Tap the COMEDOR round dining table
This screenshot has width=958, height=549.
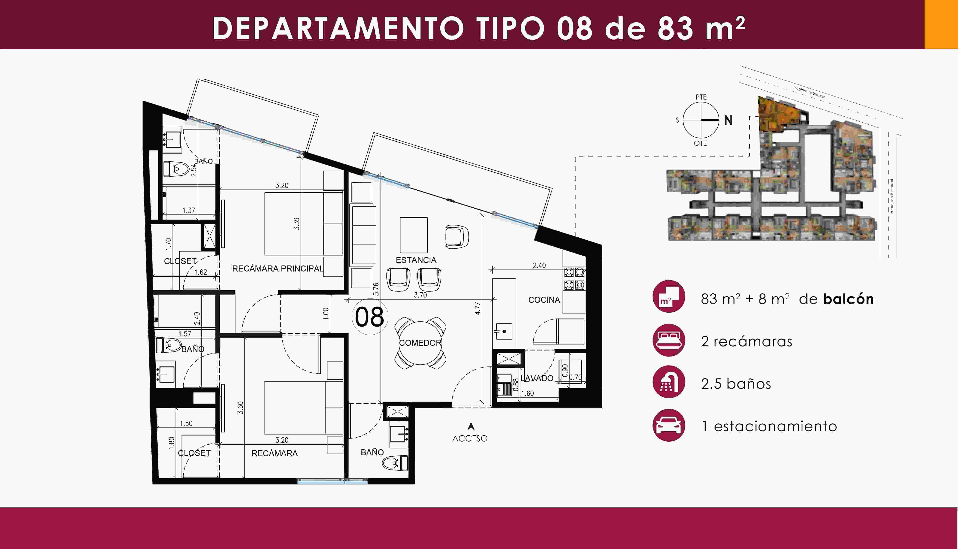click(x=420, y=343)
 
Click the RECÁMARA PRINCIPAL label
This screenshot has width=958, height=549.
click(x=278, y=268)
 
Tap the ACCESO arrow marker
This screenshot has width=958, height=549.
click(x=470, y=426)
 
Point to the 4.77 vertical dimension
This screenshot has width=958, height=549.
click(x=477, y=308)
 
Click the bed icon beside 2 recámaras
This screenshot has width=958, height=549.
click(x=669, y=340)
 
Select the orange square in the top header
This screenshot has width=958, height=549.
click(x=941, y=24)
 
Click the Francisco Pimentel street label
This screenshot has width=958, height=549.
click(x=892, y=196)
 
